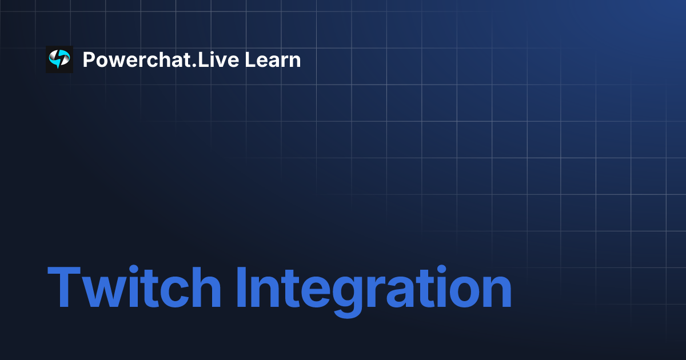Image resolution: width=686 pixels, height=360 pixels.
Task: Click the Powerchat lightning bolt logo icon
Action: (59, 59)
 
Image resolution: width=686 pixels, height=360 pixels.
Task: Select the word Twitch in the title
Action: (134, 289)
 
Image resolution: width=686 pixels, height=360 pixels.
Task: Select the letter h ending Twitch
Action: (204, 289)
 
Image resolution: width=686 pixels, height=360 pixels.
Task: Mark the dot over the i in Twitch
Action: (134, 270)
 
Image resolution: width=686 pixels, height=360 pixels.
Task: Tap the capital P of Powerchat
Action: (89, 59)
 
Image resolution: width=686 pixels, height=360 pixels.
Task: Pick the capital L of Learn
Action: (250, 59)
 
